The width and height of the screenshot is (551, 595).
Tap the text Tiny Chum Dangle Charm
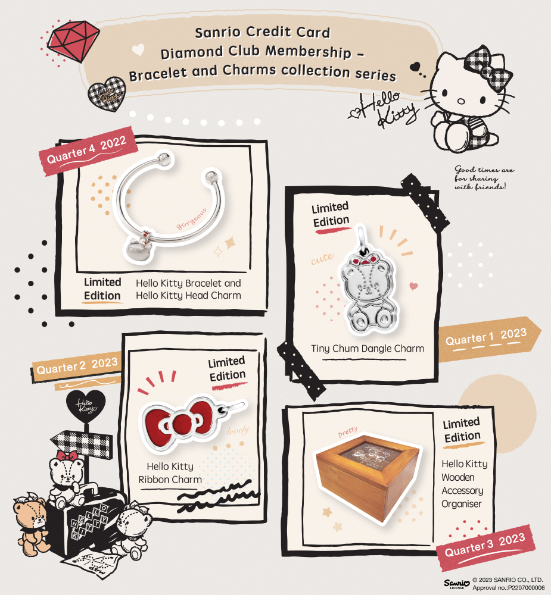tap(368, 349)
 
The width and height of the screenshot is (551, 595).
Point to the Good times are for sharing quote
tap(484, 178)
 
